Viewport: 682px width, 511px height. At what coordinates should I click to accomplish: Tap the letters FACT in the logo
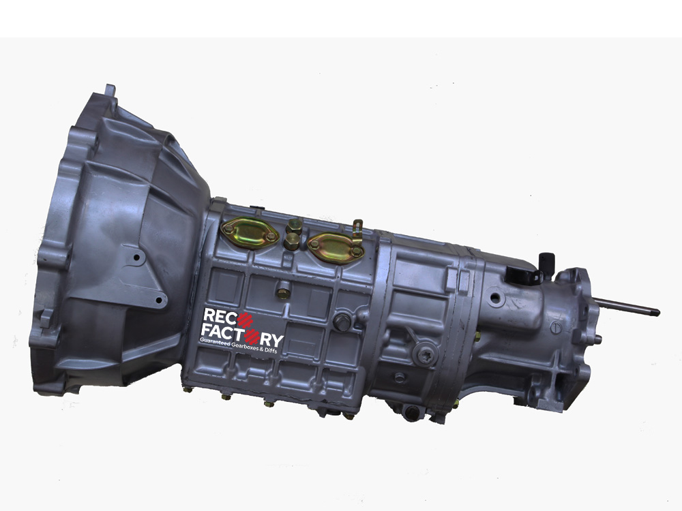223,332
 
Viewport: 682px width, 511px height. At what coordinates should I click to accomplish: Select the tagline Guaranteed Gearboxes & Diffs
238,345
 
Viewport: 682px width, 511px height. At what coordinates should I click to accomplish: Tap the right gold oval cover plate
336,248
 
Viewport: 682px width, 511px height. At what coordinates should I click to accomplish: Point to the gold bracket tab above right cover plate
357,231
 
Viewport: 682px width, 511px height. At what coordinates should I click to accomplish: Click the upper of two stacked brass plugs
294,226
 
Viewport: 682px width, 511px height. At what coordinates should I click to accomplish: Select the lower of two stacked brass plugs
291,241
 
